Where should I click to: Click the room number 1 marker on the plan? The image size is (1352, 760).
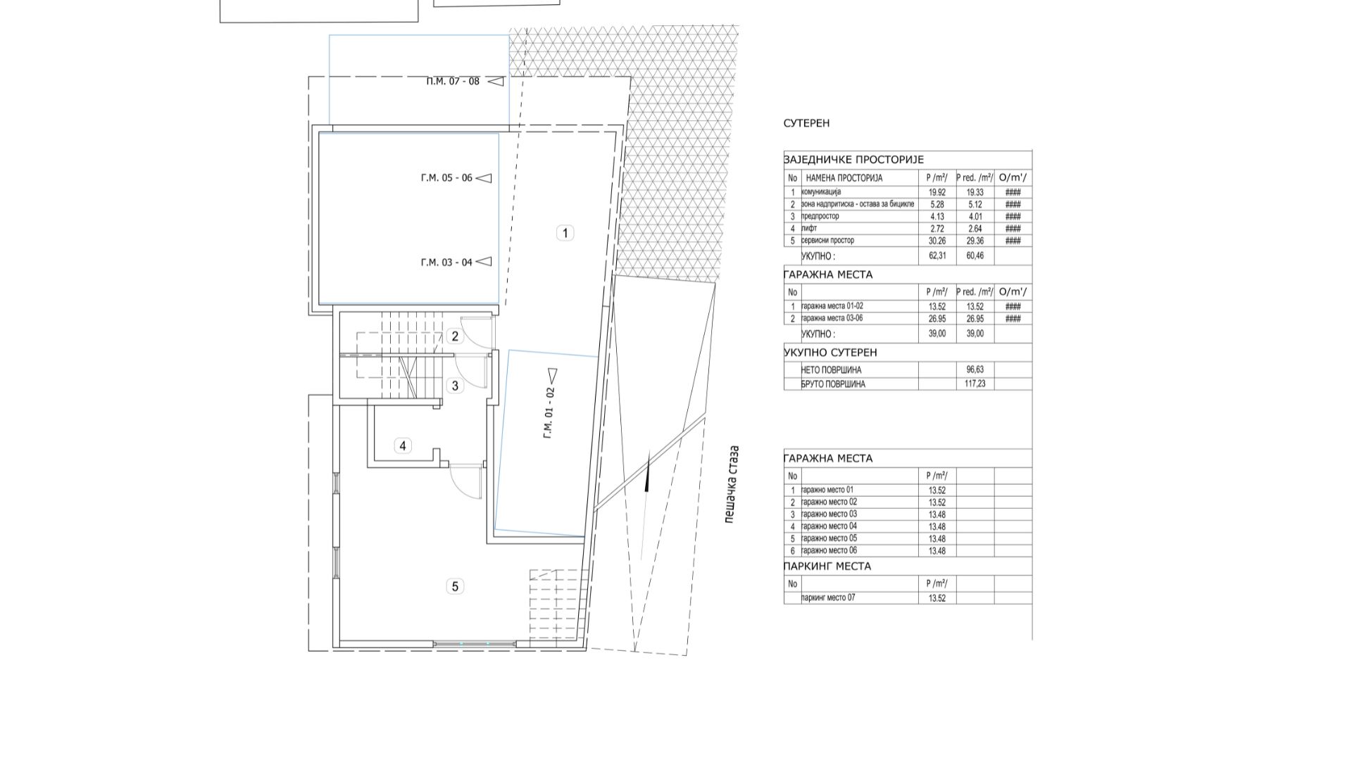point(565,232)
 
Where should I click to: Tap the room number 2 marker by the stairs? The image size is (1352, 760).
point(455,336)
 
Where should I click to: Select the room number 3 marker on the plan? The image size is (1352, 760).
point(455,386)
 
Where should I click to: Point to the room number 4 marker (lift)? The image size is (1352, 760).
point(403,445)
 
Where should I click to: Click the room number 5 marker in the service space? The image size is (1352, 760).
point(455,586)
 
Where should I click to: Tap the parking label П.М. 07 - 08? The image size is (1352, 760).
point(453,81)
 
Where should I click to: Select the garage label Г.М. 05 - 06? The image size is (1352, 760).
point(446,178)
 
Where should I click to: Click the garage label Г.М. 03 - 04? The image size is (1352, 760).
point(446,262)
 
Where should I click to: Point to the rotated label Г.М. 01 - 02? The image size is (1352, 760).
point(549,413)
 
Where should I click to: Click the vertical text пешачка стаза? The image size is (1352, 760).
point(734,485)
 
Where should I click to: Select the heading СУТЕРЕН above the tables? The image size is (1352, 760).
point(806,123)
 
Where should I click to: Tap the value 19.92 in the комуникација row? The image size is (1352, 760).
point(937,192)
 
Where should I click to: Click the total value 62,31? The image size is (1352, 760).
point(937,256)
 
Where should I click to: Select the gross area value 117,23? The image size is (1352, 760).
point(975,384)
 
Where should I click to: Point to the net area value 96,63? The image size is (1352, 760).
point(975,369)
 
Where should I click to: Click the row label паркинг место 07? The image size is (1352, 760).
point(829,598)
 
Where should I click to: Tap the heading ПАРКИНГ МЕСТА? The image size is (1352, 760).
point(827,566)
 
